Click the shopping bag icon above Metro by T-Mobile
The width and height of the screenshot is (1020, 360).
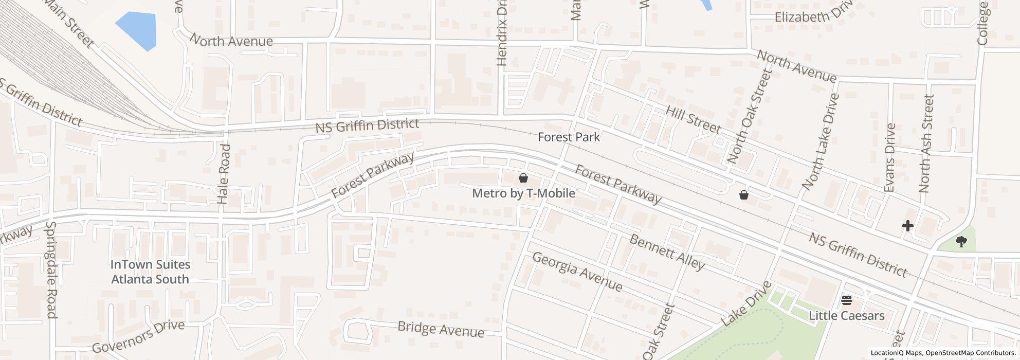coord(523,178)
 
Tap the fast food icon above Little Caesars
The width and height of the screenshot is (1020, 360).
coord(846,300)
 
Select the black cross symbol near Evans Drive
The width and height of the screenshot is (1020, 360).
coord(907,225)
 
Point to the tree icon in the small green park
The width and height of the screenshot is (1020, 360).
coord(961,242)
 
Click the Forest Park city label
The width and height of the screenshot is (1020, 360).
coord(569,137)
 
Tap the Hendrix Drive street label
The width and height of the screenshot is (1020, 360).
coord(502,33)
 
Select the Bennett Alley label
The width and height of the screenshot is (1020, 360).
coord(666,253)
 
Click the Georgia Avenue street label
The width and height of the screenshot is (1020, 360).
coord(577,272)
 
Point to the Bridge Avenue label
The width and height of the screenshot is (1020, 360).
coord(441,330)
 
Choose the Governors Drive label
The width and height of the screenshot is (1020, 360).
coord(138,336)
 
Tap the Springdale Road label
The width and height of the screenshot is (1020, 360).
coord(51,270)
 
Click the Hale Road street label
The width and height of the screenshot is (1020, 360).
coord(224,174)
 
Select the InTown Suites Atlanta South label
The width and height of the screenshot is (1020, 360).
coord(150,272)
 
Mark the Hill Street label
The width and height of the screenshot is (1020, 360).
coord(693,120)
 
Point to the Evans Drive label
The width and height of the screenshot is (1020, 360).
coord(889,158)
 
